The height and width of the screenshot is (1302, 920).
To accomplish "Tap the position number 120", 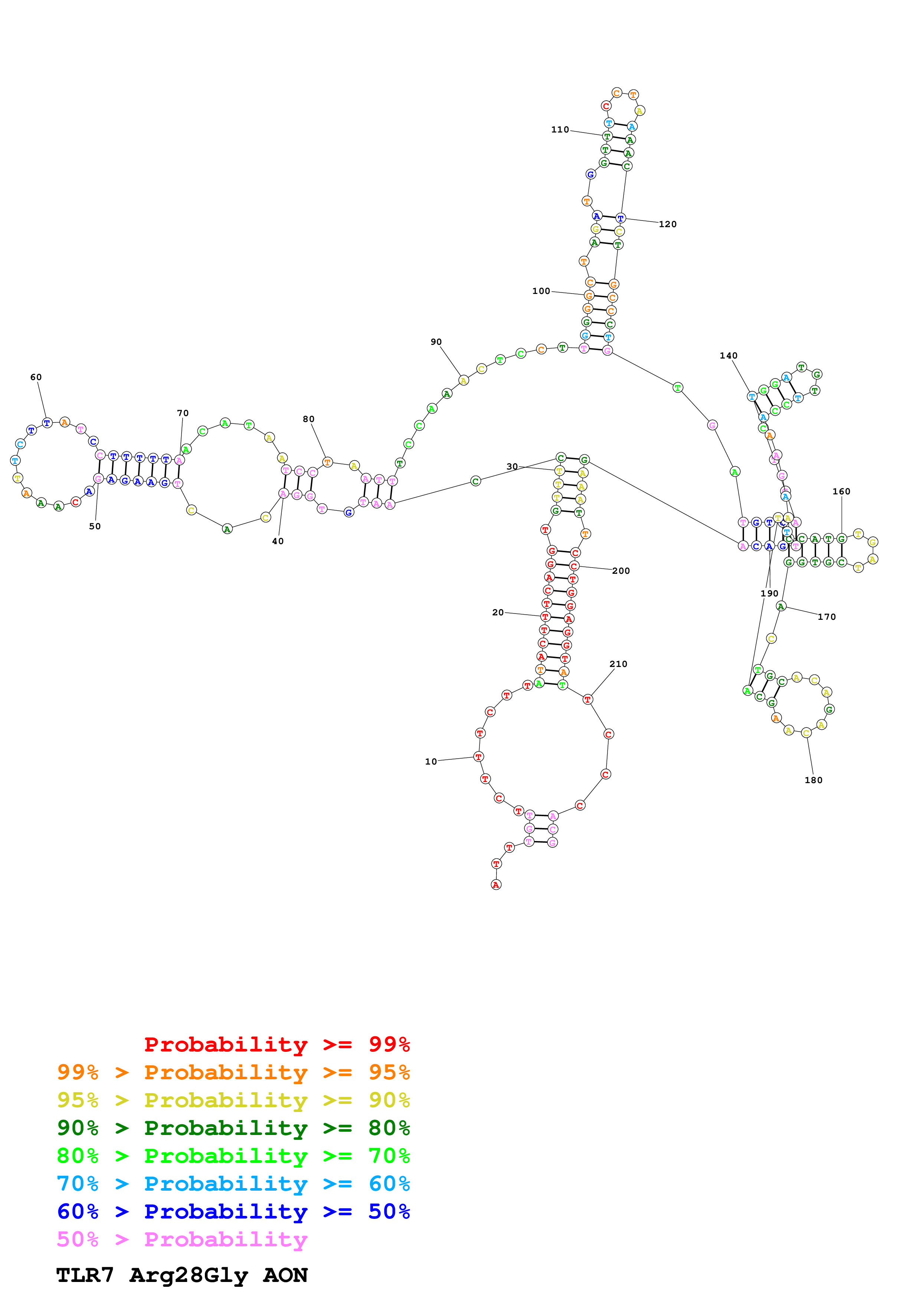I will pyautogui.click(x=667, y=224).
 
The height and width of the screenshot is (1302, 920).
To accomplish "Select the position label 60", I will pyautogui.click(x=36, y=377).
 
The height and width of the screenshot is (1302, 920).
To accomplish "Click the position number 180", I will pyautogui.click(x=813, y=780).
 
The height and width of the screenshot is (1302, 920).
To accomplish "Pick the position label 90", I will pyautogui.click(x=436, y=342).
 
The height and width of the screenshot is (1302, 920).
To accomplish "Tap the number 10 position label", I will pyautogui.click(x=431, y=762).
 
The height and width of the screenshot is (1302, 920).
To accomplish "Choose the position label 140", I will pyautogui.click(x=729, y=356).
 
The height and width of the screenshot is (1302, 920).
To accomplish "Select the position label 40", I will pyautogui.click(x=278, y=541).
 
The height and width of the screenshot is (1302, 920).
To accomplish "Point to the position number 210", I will pyautogui.click(x=618, y=664).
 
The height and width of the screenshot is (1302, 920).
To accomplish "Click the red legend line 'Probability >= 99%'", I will pyautogui.click(x=276, y=1044).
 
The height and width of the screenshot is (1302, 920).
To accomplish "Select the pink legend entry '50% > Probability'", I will pyautogui.click(x=182, y=1239).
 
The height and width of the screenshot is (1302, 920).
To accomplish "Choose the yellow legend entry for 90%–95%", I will pyautogui.click(x=233, y=1100).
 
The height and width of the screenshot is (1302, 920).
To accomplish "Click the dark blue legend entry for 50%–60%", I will pyautogui.click(x=233, y=1211).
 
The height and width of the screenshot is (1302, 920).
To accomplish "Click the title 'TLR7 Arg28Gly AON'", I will pyautogui.click(x=181, y=1275).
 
